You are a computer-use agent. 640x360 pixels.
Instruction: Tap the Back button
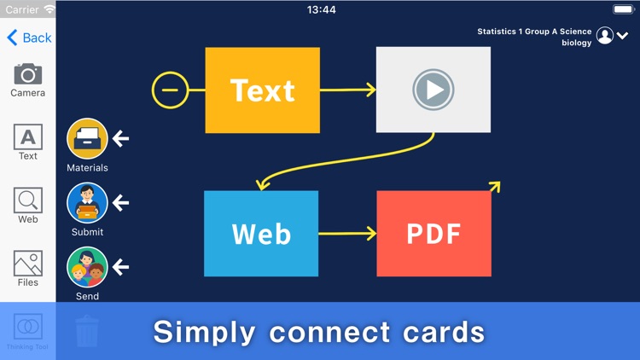pos(29,38)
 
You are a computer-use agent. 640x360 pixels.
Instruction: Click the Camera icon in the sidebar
pos(28,74)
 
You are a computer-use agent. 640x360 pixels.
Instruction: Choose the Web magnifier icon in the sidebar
pos(28,200)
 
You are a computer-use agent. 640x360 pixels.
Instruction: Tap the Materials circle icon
pos(87,139)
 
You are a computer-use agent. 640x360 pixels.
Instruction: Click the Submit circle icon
pos(87,203)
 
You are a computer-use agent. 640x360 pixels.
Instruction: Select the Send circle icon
pos(87,267)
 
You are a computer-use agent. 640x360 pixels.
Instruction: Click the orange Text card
pos(263,90)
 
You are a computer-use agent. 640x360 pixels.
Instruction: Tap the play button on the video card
pos(433,90)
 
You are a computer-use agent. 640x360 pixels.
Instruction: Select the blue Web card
pos(261,233)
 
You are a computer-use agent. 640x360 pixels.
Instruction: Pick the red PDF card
pos(433,233)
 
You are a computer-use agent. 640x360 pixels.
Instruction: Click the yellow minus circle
pos(171,90)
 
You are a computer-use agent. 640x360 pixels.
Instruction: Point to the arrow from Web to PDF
pos(347,233)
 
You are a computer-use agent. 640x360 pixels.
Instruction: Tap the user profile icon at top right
pos(605,36)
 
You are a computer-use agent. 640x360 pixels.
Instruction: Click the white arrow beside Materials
pos(121,138)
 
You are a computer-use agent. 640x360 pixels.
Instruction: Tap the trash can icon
pos(87,331)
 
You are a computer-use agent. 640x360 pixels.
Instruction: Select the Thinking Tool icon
pos(28,328)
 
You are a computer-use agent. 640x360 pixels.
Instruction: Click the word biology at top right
pos(576,43)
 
